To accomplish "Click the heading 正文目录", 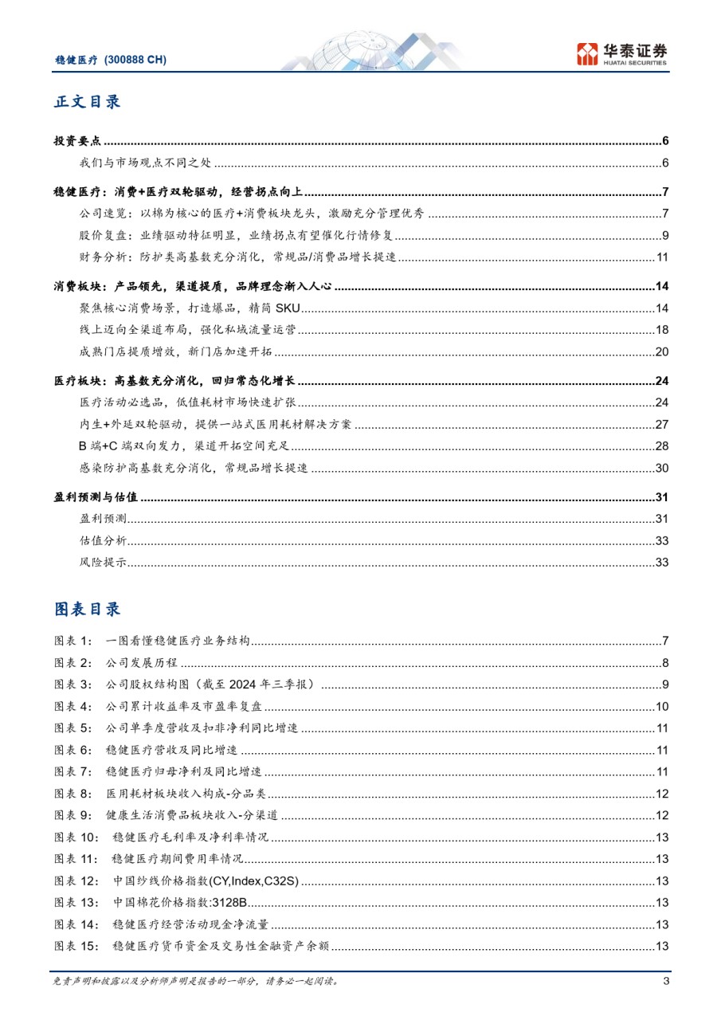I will (87, 102).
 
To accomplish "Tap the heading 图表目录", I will (87, 609).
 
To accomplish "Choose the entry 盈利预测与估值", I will (96, 497).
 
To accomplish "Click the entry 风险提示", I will (104, 563).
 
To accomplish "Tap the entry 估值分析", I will (104, 541).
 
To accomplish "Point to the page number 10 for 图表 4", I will (661, 706).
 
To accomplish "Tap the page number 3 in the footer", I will (665, 981).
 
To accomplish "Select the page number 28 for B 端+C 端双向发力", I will (661, 445).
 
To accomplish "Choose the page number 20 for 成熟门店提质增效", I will (661, 352).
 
